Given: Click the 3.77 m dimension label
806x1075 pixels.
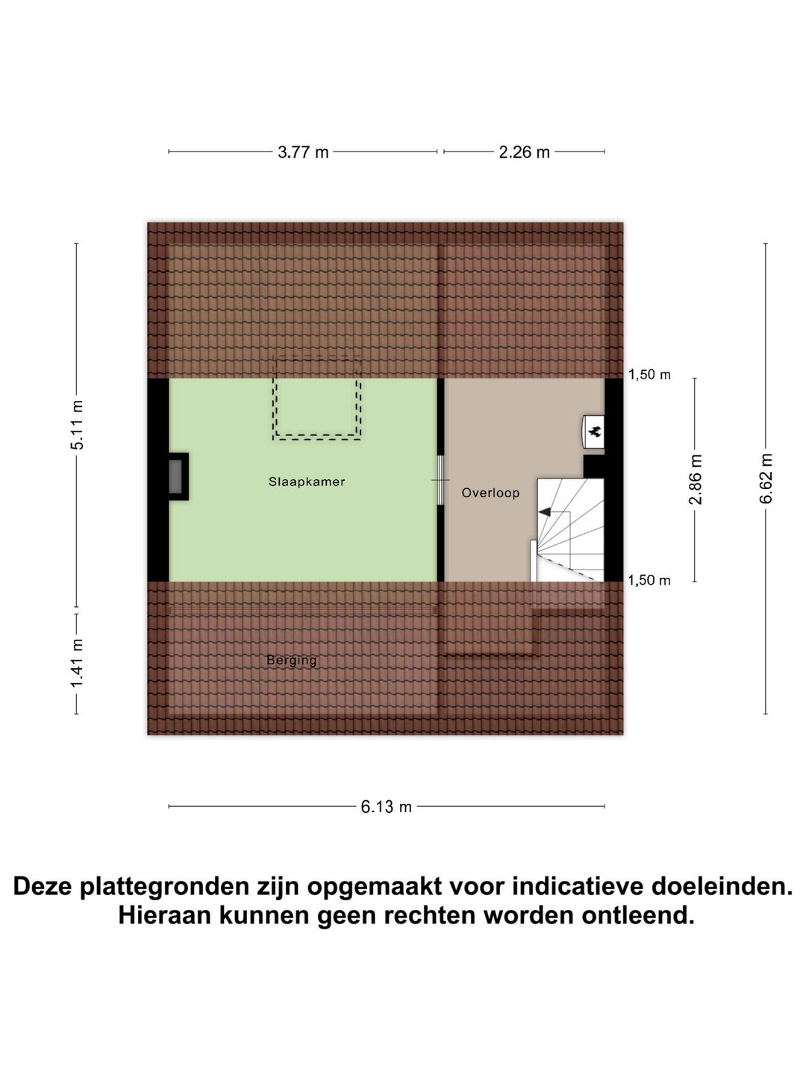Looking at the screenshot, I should [303, 152].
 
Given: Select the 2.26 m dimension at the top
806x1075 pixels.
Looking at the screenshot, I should [524, 152].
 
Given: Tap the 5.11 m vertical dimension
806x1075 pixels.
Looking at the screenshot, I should [77, 425].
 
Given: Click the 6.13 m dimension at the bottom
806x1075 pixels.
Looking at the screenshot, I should [386, 807].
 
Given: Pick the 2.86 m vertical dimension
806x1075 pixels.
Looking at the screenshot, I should [695, 479].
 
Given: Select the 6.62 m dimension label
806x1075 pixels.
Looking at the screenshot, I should [766, 479].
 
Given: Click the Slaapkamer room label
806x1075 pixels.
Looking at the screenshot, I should [307, 482].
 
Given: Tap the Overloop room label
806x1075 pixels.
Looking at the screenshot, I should [490, 493].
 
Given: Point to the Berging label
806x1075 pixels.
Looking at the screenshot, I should [292, 660].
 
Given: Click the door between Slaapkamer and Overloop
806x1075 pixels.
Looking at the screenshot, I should [440, 479].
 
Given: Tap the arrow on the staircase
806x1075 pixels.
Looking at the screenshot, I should [545, 512].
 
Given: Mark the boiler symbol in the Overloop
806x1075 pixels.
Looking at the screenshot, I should [594, 431].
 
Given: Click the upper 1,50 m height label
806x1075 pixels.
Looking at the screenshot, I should [649, 375].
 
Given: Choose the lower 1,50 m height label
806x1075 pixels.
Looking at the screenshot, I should [649, 581].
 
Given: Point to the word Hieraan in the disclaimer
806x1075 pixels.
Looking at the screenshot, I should [164, 915].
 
